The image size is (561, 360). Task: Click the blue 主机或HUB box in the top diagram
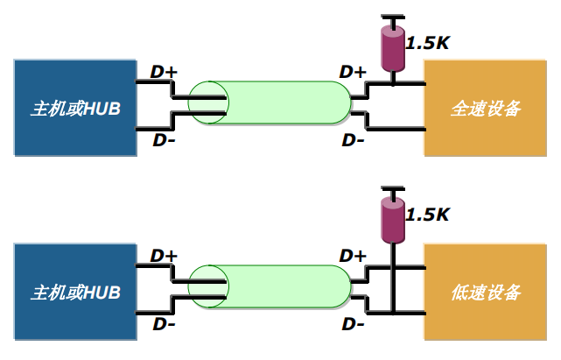click(75, 109)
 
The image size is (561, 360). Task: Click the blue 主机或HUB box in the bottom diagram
click(75, 292)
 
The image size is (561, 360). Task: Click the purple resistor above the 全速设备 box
click(393, 51)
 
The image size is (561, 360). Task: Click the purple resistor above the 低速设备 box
click(393, 219)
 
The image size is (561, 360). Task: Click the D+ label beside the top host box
click(164, 72)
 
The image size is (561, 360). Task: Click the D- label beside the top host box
click(164, 140)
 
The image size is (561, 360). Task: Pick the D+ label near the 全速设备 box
click(353, 72)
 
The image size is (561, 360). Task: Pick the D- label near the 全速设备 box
click(353, 140)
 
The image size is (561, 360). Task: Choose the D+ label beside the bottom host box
click(164, 256)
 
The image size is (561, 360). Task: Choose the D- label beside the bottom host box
click(164, 324)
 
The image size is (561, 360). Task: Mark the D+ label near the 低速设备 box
click(353, 256)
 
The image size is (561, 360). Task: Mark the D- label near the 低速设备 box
click(353, 324)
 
